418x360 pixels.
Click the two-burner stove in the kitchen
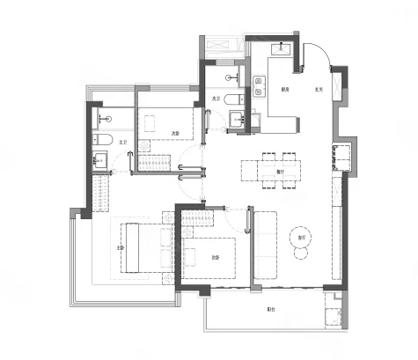pyautogui.click(x=260, y=86)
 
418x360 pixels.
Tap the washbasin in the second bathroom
pyautogui.click(x=237, y=120)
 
